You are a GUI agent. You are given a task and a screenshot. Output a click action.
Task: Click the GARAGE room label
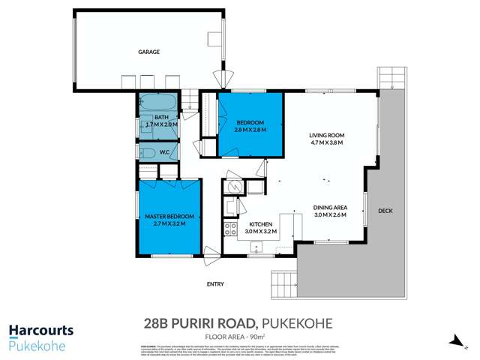pyautogui.click(x=149, y=52)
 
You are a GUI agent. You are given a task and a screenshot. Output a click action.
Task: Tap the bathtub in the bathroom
pyautogui.click(x=157, y=103)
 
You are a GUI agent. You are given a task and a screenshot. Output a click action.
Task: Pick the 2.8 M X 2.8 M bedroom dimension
pyautogui.click(x=250, y=129)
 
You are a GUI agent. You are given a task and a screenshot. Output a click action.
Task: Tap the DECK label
pyautogui.click(x=385, y=210)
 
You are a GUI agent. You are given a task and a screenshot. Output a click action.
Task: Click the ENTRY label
pyautogui.click(x=215, y=283)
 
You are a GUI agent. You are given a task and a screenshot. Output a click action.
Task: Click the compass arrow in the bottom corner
pyautogui.click(x=454, y=341)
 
